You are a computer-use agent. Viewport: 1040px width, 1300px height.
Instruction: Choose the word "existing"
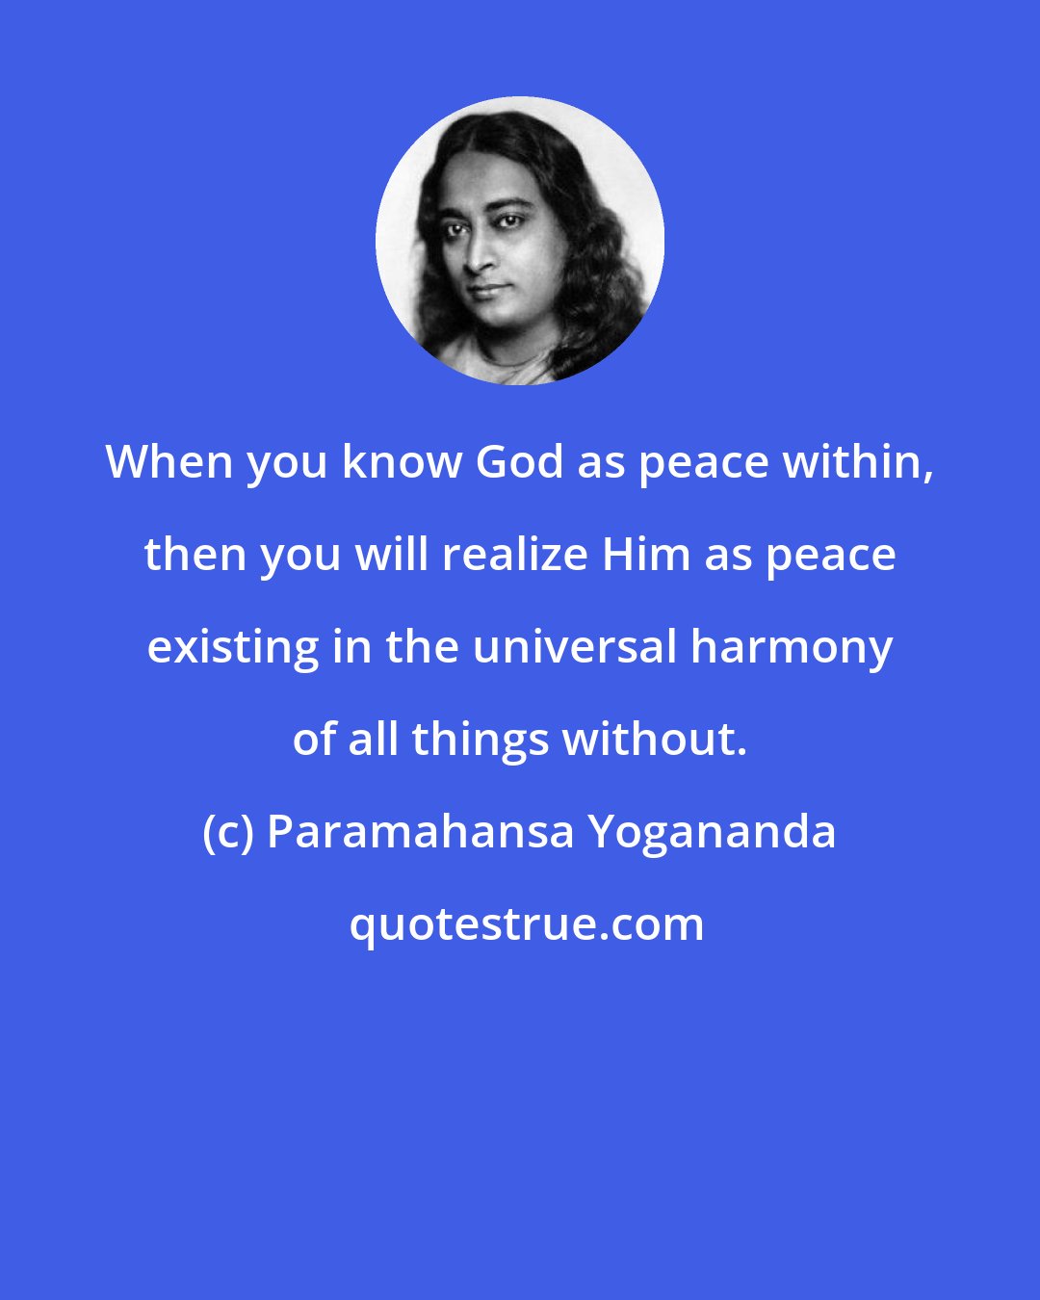click(233, 648)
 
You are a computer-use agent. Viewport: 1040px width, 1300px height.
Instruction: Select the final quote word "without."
click(655, 741)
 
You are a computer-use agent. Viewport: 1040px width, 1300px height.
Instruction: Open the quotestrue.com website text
click(526, 925)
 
